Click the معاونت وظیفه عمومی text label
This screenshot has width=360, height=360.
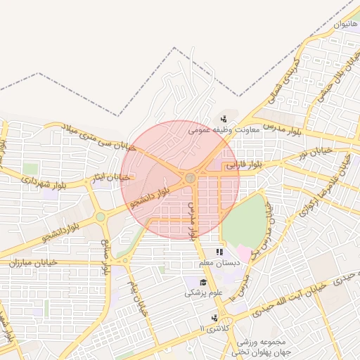(224, 129)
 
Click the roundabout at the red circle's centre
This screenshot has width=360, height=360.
(190, 178)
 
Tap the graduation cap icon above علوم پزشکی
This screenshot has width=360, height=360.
(193, 281)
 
